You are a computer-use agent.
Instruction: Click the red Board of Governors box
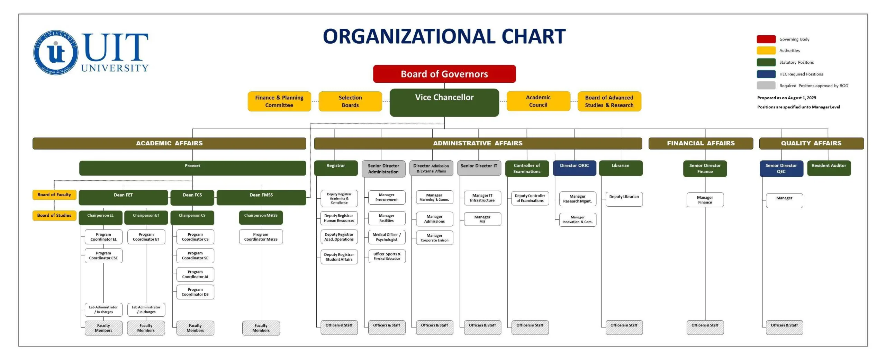[x=444, y=74]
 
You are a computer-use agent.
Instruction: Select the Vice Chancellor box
[x=444, y=102]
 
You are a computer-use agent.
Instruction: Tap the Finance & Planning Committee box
[x=279, y=101]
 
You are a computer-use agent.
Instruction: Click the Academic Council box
[x=538, y=101]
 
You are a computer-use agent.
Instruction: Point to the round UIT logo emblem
[x=56, y=53]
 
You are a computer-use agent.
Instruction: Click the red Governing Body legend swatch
[x=766, y=39]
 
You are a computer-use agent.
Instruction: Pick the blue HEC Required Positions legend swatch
[x=766, y=74]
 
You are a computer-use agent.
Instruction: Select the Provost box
[x=192, y=168]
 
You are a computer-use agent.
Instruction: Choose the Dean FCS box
[x=192, y=197]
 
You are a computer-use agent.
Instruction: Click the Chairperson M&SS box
[x=261, y=217]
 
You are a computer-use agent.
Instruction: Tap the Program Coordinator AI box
[x=195, y=274]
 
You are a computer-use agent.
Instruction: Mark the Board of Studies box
[x=54, y=215]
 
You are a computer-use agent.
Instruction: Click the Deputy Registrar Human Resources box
[x=339, y=218]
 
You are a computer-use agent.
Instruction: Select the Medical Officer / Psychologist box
[x=387, y=237]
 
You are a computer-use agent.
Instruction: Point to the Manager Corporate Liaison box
[x=434, y=238]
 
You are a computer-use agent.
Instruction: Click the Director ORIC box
[x=574, y=168]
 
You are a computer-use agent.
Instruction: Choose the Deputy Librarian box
[x=624, y=199]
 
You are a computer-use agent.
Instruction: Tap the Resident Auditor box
[x=829, y=168]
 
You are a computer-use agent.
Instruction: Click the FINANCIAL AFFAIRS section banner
[x=700, y=143]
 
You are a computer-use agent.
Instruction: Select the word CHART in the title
[x=533, y=36]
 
